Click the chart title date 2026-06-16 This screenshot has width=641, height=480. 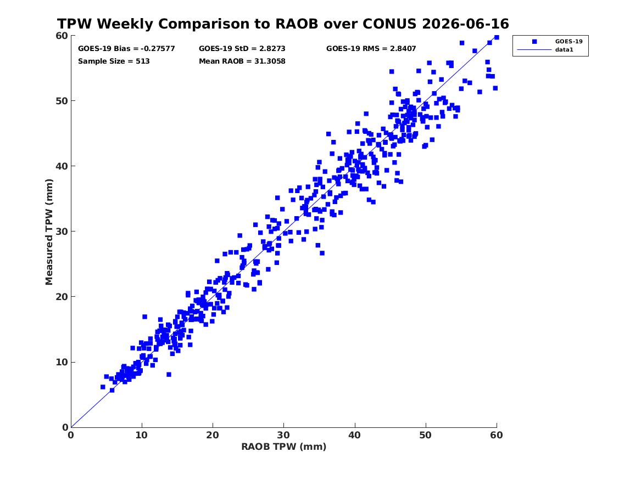[x=466, y=24]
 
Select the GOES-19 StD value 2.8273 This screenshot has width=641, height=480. [x=272, y=49]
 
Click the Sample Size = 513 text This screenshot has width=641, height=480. [x=114, y=61]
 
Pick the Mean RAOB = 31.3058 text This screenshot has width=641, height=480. [x=242, y=61]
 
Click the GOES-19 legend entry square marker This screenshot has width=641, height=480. [x=534, y=41]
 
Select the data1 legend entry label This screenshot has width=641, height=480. [x=564, y=50]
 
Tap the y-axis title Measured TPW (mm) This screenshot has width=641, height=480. [x=49, y=232]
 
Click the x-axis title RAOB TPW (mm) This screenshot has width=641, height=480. [x=284, y=447]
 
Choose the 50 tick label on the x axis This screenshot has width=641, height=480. [x=426, y=435]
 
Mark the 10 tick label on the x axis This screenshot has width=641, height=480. [x=142, y=435]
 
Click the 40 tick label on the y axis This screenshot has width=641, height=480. [x=62, y=166]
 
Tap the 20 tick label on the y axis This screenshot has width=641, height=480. [x=62, y=297]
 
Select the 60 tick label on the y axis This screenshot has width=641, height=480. [x=62, y=36]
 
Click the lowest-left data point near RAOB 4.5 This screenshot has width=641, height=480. [x=103, y=387]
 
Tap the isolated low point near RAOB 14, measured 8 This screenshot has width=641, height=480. [x=169, y=375]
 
